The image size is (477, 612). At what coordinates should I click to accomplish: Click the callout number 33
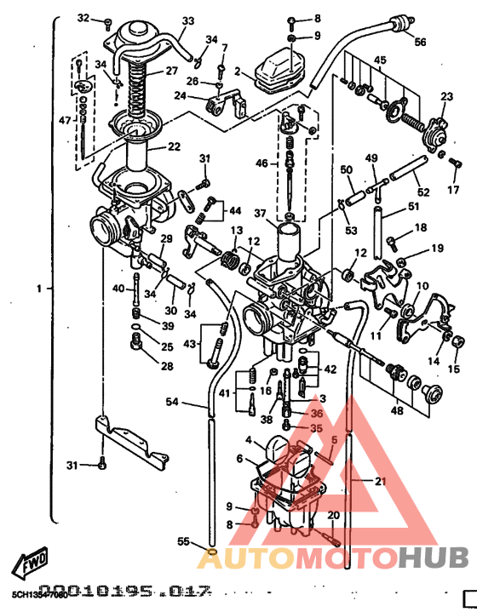(x=187, y=21)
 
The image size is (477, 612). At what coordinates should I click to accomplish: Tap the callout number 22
(x=174, y=146)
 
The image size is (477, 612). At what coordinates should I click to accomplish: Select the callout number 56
(x=420, y=42)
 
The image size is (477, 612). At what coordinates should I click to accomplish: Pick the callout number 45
(x=379, y=60)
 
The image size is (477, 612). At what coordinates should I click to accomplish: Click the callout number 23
(x=446, y=98)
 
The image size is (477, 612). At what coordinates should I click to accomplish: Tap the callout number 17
(x=453, y=190)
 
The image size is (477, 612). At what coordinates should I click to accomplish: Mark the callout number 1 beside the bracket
(x=37, y=289)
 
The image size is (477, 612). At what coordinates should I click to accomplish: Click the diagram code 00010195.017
(x=124, y=590)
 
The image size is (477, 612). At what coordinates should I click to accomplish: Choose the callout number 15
(x=453, y=369)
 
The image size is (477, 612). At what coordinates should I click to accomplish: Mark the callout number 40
(x=118, y=288)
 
